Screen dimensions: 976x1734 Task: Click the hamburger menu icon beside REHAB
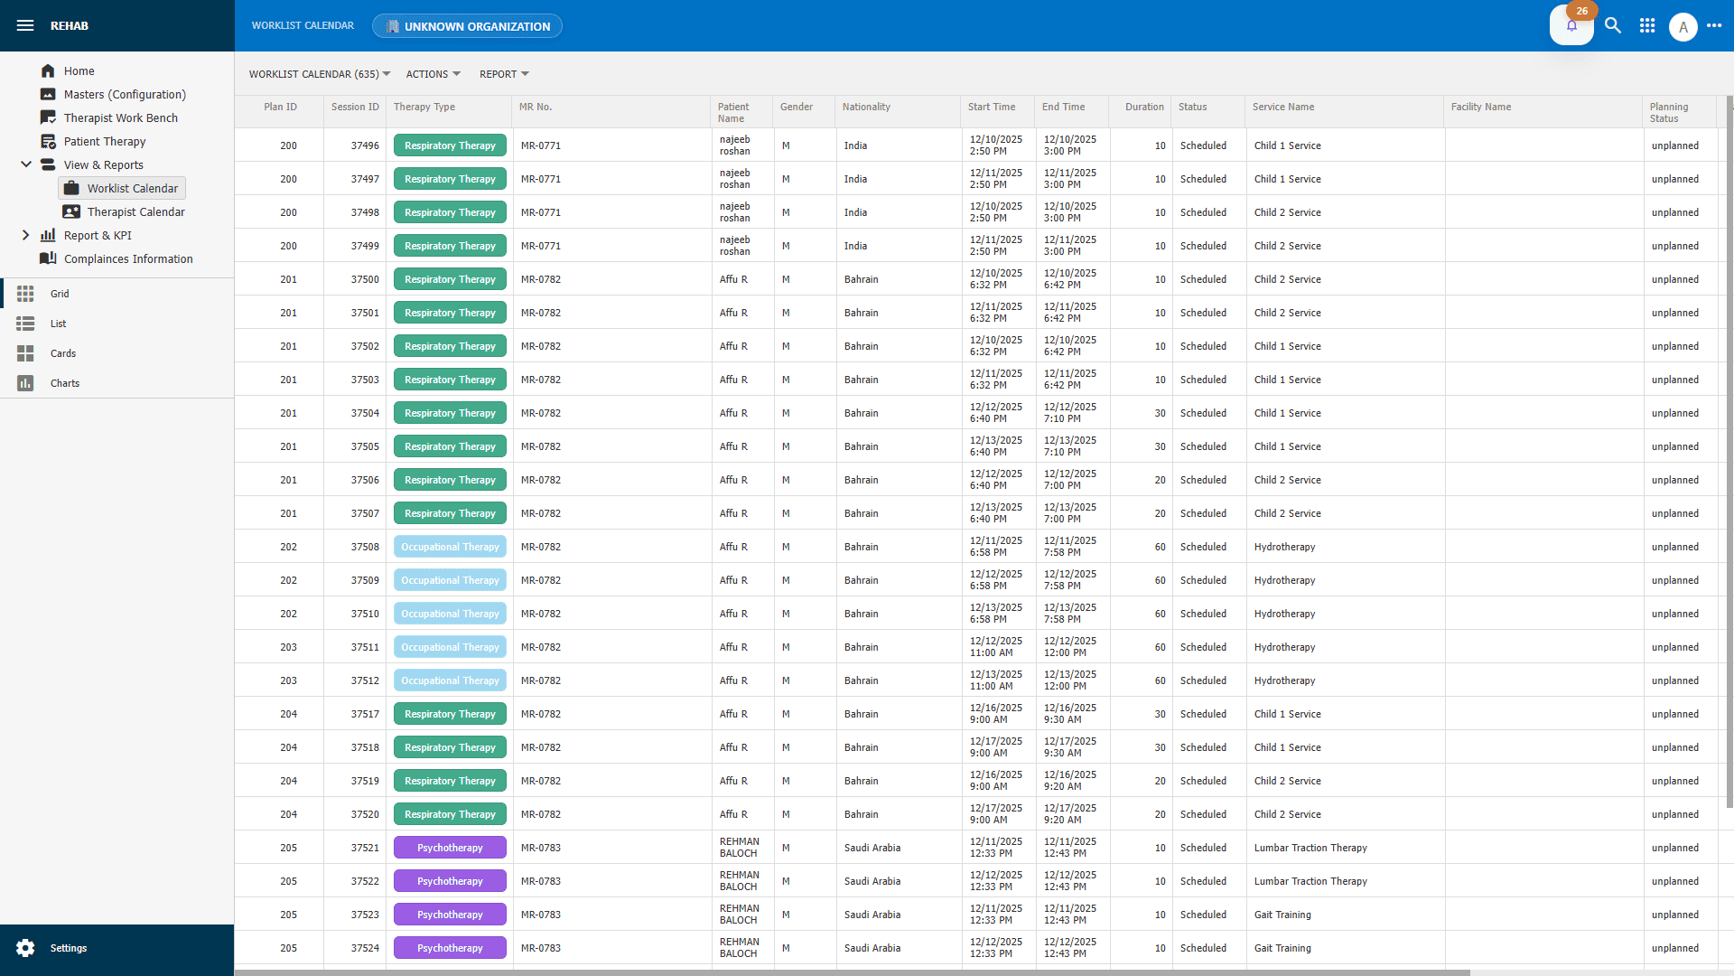click(25, 25)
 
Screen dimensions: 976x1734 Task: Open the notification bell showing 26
click(1571, 25)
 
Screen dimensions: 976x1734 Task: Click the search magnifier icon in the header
click(1613, 25)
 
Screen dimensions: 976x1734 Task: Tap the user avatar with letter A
click(1683, 27)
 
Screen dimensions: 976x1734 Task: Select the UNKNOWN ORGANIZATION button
click(467, 26)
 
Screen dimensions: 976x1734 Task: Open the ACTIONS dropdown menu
click(433, 74)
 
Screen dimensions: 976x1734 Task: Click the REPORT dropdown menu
click(504, 74)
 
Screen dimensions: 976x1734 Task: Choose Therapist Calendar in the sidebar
click(135, 211)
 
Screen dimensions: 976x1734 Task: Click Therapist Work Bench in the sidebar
click(120, 117)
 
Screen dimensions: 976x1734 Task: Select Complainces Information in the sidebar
click(128, 258)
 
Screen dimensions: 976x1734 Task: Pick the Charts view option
click(64, 383)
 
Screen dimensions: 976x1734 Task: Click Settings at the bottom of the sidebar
click(68, 948)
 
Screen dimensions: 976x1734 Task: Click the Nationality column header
click(866, 107)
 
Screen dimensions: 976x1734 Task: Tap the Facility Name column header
click(1480, 107)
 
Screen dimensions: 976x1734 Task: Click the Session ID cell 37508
click(365, 547)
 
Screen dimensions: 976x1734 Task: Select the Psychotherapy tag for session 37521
click(450, 848)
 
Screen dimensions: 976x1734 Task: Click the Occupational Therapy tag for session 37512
click(450, 680)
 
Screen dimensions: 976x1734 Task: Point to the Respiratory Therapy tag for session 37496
click(450, 145)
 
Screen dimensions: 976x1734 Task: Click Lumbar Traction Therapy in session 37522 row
click(1310, 881)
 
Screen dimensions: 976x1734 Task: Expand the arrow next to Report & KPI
click(25, 235)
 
